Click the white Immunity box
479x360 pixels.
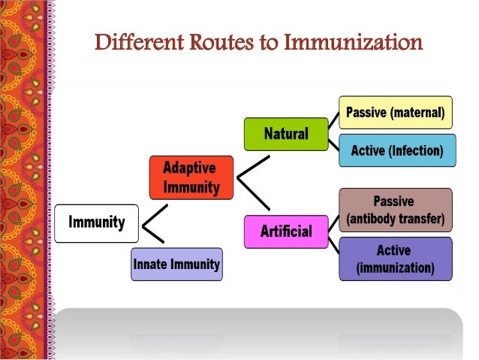[x=97, y=223]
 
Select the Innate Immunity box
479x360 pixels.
[x=176, y=265]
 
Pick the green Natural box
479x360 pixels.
[x=286, y=134]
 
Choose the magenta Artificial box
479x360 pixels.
[x=286, y=231]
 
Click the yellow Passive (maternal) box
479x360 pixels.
[x=396, y=113]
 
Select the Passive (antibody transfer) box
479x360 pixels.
[x=396, y=211]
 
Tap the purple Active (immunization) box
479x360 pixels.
[x=396, y=259]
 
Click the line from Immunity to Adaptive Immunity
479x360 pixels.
[x=154, y=212]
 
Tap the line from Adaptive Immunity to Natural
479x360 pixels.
[x=253, y=167]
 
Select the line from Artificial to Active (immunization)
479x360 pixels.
[x=333, y=244]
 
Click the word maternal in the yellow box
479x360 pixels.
[x=418, y=113]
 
